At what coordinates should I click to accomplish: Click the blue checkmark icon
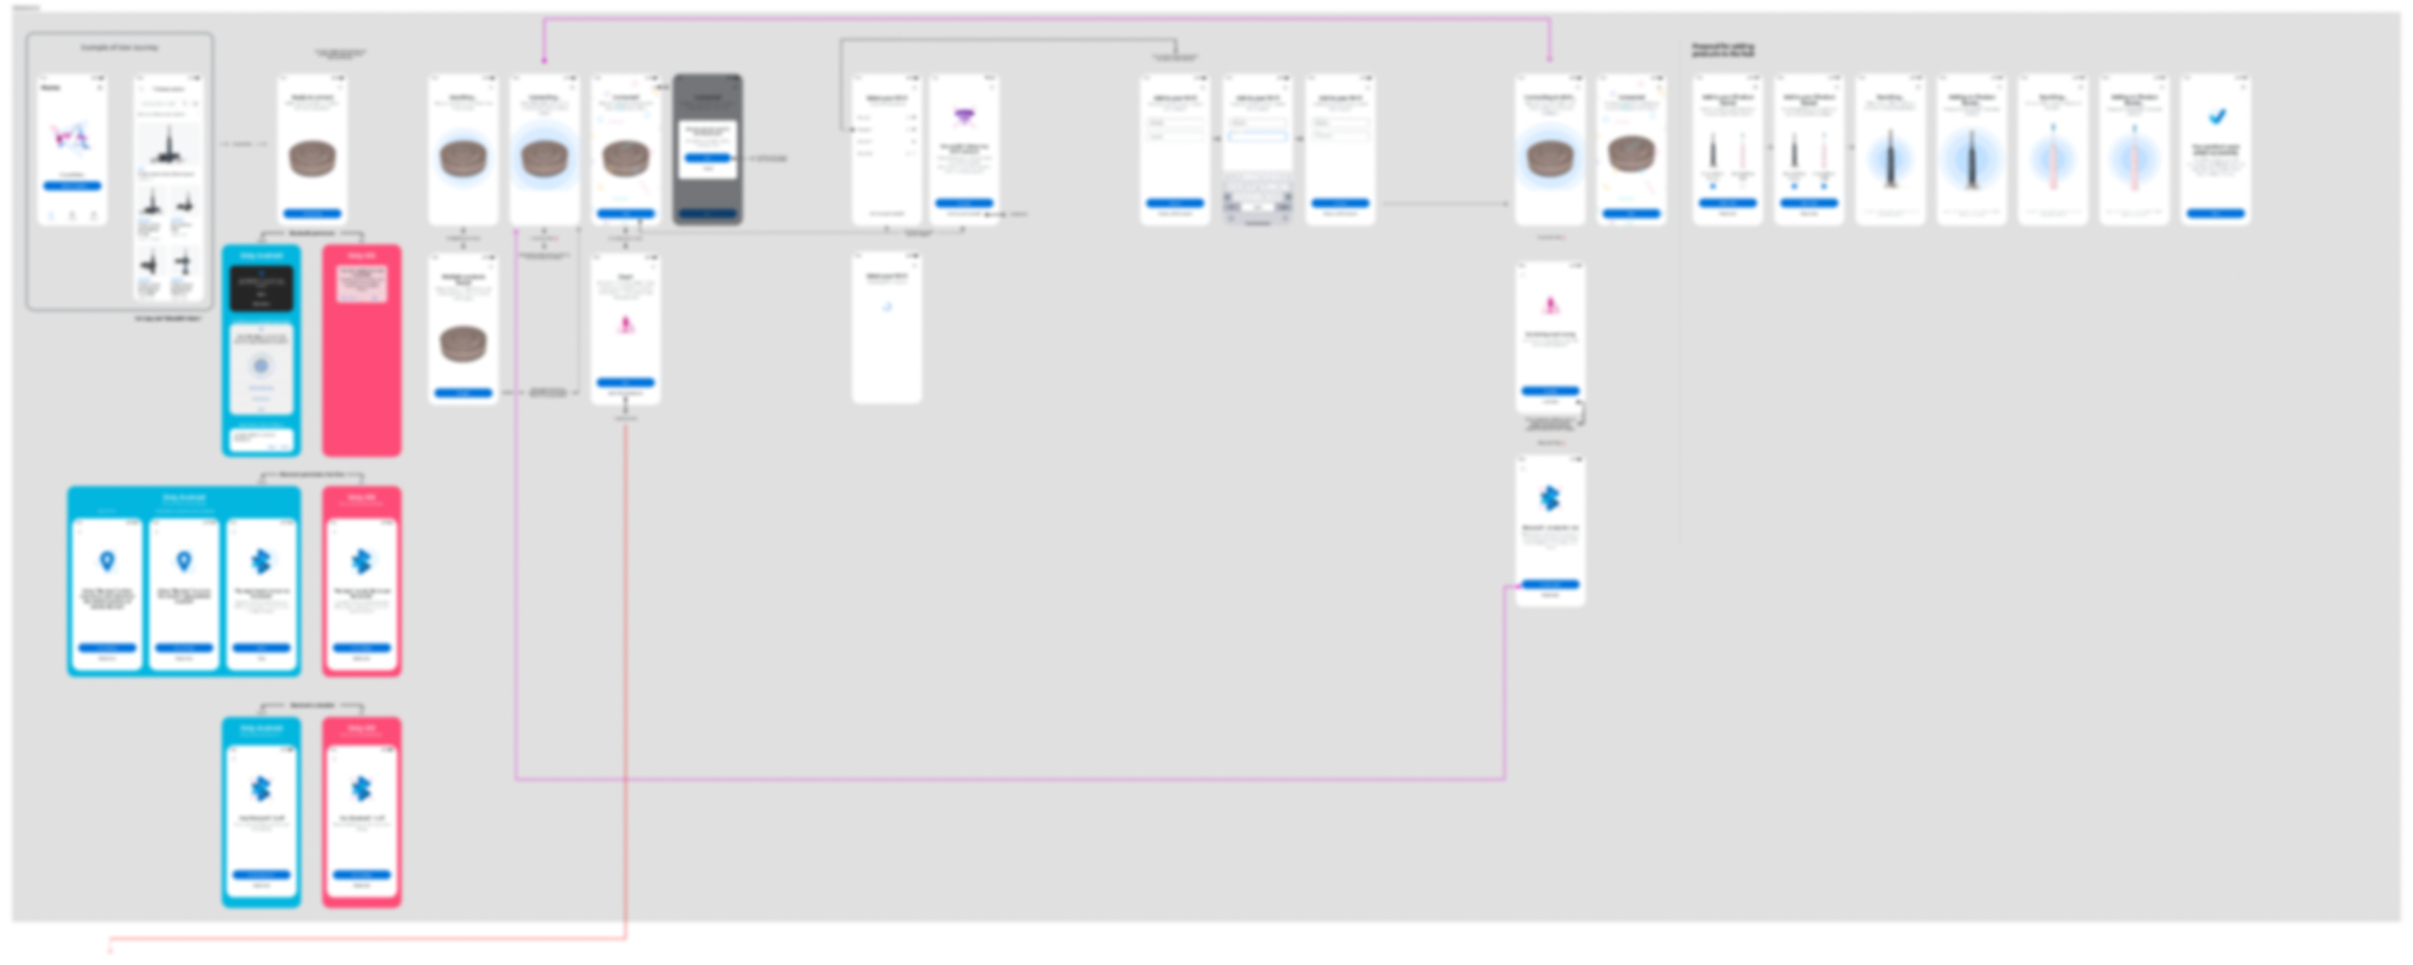pos(2217,117)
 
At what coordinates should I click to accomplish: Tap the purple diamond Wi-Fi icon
pos(963,118)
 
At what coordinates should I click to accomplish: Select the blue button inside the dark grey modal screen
pos(707,156)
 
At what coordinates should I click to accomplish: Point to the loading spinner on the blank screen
pos(887,308)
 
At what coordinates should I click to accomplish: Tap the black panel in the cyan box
pos(261,288)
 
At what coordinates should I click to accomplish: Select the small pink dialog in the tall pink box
pos(361,284)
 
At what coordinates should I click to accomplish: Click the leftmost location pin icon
pos(107,561)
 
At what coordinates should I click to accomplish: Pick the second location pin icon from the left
pos(183,561)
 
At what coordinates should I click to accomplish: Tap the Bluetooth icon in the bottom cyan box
pos(261,788)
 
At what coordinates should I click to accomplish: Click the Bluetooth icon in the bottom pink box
pos(361,788)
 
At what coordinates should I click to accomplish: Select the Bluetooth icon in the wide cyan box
pos(261,561)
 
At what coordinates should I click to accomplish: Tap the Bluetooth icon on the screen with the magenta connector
pos(1549,498)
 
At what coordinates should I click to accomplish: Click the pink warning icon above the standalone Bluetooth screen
pos(1550,306)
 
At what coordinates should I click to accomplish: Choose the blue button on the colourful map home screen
pos(72,185)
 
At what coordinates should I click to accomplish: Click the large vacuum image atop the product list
pos(168,145)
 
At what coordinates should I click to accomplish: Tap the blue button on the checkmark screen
pos(2215,213)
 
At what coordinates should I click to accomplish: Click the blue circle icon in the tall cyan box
pos(261,366)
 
